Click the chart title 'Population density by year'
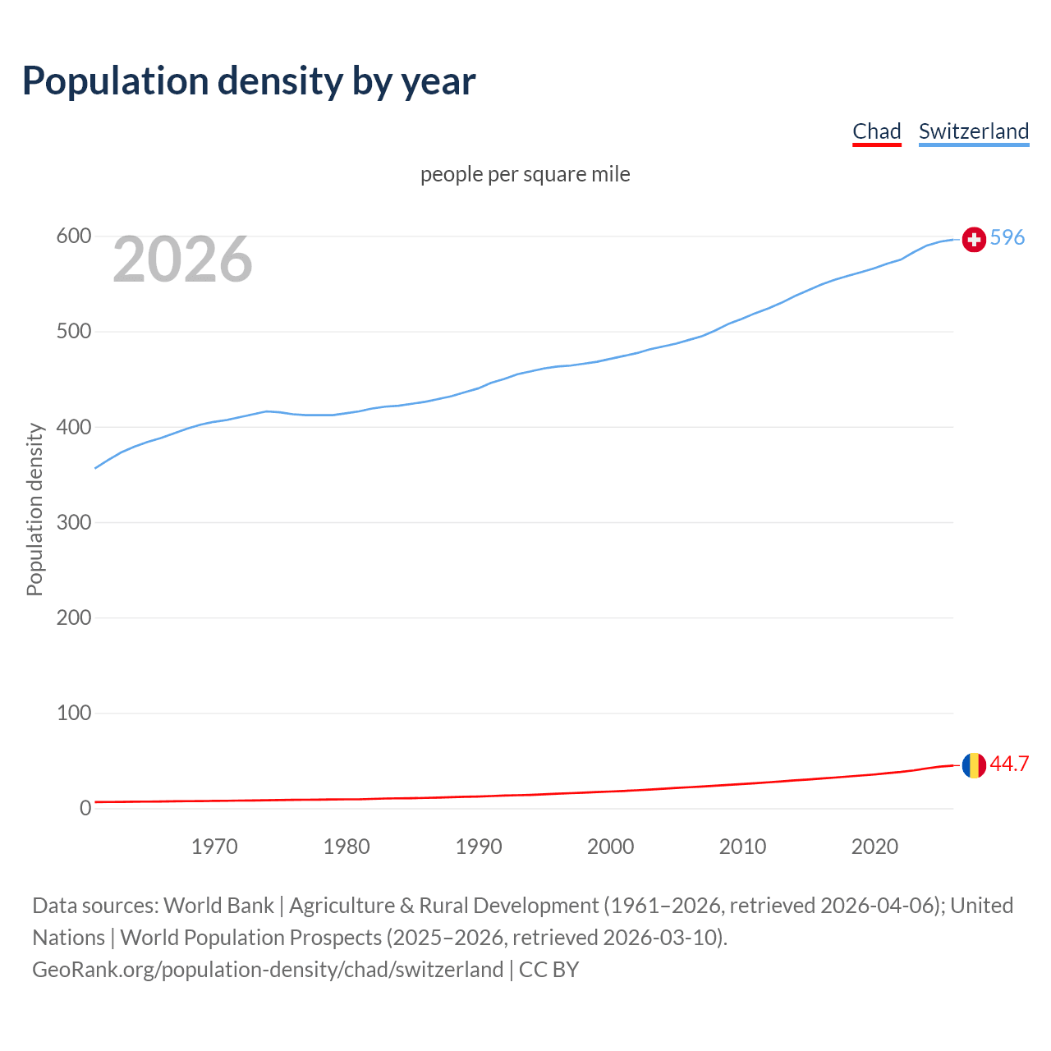(249, 81)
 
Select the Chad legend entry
(876, 131)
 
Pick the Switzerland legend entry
(973, 131)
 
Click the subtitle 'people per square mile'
(525, 175)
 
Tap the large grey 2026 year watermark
(182, 259)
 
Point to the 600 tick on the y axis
(73, 236)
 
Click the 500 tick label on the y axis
(73, 332)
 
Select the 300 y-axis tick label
(73, 522)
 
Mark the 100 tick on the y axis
(73, 713)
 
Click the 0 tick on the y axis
(85, 808)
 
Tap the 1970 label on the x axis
(214, 847)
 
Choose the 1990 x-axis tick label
(479, 847)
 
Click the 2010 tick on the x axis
(742, 847)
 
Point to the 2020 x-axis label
(874, 847)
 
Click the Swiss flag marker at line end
(974, 239)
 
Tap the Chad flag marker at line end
(974, 765)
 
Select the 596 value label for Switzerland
(1007, 237)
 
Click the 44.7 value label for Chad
(1009, 764)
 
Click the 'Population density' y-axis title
(34, 509)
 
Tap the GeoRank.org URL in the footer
(268, 970)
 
